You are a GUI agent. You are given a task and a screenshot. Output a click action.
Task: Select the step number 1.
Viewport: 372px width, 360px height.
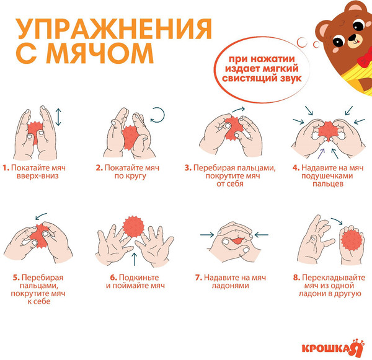(x=5, y=168)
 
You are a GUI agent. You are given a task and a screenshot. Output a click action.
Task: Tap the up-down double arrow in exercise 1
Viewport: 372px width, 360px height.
(x=58, y=117)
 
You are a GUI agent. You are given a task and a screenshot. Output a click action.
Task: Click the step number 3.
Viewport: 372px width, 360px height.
(x=187, y=168)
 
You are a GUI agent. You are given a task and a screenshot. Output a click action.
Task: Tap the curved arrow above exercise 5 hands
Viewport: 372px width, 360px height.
(x=42, y=216)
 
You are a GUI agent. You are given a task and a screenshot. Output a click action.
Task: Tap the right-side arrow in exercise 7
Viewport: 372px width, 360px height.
(x=260, y=234)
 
